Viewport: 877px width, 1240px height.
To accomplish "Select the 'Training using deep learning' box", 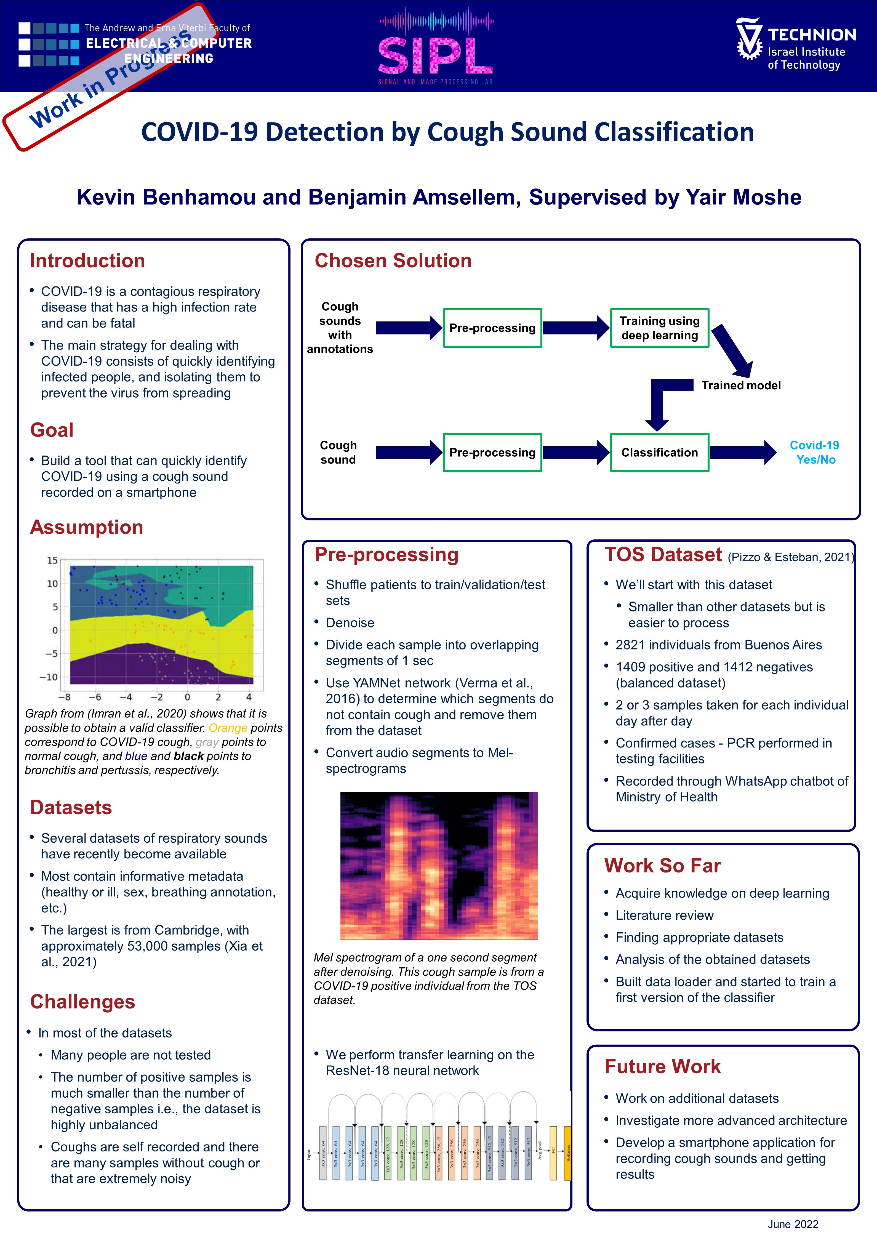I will [x=659, y=328].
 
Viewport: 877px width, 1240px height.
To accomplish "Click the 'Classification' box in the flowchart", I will [x=659, y=453].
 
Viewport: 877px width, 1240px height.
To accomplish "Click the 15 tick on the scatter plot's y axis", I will [x=52, y=560].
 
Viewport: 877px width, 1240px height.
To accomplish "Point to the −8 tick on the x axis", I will [x=64, y=697].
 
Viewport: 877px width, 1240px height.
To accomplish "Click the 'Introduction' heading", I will [x=87, y=261].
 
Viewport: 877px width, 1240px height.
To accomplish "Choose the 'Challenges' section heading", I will [x=82, y=1002].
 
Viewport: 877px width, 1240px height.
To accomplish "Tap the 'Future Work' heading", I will [x=663, y=1067].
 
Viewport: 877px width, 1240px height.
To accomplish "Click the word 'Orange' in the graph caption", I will [x=228, y=728].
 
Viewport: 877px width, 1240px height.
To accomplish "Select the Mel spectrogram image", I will [x=439, y=866].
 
